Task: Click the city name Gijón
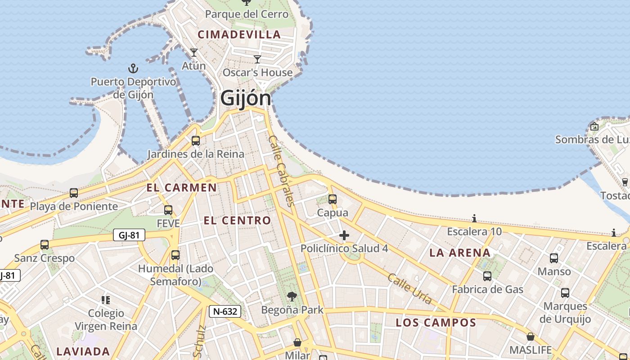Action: pos(246,99)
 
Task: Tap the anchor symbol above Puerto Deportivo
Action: pos(133,69)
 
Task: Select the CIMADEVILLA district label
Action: pos(239,35)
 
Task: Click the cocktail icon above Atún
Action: pos(194,53)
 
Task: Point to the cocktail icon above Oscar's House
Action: pos(257,59)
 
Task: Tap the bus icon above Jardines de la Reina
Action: pos(196,141)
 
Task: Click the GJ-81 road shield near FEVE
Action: pos(129,235)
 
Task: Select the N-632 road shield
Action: pos(225,311)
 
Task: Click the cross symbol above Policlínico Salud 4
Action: pos(344,235)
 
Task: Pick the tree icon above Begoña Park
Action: pos(292,297)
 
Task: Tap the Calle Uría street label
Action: pos(409,288)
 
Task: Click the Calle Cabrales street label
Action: pos(281,171)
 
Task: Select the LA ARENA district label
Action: pos(460,253)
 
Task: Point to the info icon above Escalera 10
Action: pos(474,219)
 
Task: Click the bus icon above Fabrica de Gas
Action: pos(487,276)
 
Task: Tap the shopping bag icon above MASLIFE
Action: pos(531,337)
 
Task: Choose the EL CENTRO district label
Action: pos(237,220)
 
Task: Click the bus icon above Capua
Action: pos(333,199)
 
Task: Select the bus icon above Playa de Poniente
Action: pos(74,193)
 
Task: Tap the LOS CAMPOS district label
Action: pos(436,323)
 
